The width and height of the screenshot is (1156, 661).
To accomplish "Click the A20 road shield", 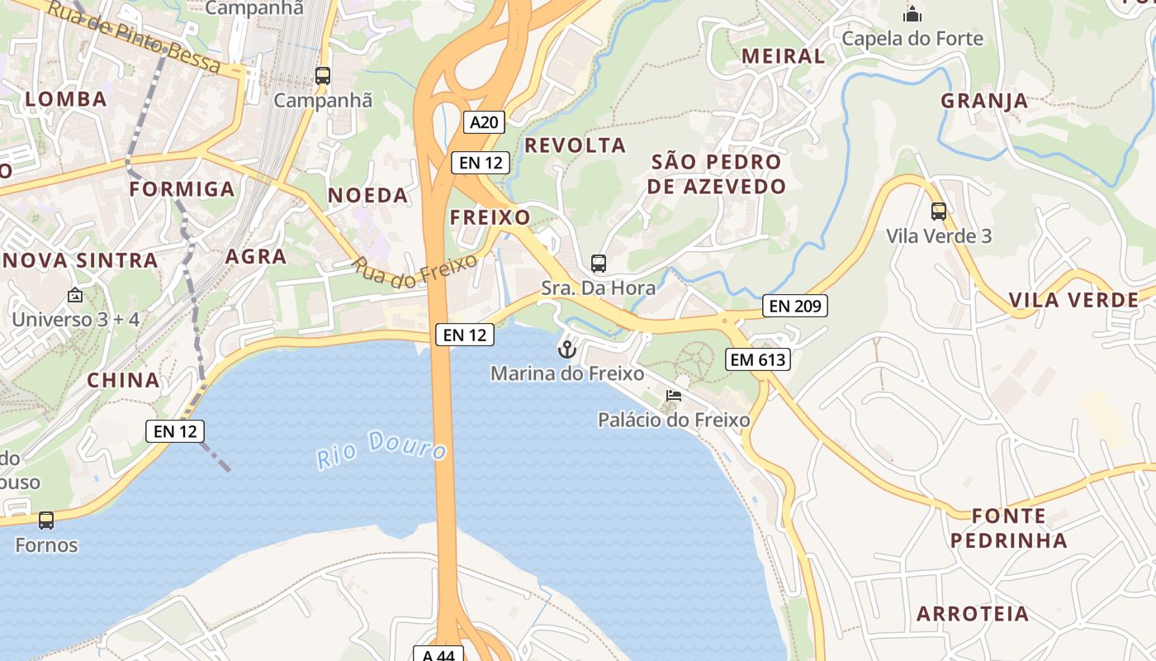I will pos(484,123).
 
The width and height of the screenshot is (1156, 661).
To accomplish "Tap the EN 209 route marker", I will pos(794,306).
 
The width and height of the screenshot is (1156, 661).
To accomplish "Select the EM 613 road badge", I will pos(758,359).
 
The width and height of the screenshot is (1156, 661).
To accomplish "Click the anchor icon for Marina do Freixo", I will pos(566,350).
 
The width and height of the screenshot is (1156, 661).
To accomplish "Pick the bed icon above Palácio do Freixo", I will pos(674,396).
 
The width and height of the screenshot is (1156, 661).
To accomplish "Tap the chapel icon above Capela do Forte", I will pos(912,14).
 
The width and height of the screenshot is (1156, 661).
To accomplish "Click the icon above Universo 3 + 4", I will pos(75,294).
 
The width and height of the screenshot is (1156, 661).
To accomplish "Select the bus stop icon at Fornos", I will pos(46,521).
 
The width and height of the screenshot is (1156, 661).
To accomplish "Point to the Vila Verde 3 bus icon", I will pos(939,212).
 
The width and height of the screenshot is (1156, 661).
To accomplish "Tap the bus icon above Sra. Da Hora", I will pos(599,264).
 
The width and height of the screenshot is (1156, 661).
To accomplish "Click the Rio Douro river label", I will pos(382,449).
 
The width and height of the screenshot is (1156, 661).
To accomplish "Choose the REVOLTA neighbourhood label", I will pos(576,145).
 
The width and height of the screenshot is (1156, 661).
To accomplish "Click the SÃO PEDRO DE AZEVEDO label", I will pos(716,174).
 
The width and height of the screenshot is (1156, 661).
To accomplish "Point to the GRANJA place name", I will pos(984,101).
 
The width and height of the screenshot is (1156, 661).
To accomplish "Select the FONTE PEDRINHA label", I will pos(1008,528).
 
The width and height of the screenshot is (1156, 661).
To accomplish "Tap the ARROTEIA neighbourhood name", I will pos(973,614).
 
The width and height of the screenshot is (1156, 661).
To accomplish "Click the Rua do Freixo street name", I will pos(415,272).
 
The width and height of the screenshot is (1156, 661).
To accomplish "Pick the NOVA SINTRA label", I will pos(80,260).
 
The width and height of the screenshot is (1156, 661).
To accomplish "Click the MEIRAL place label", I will pos(783,56).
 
